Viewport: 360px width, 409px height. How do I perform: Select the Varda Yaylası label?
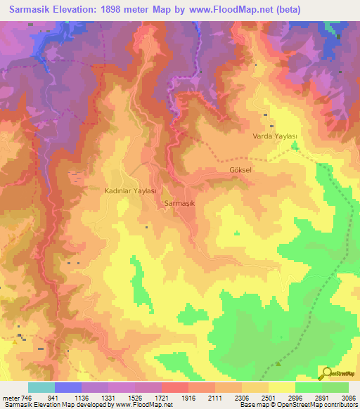pos(276,136)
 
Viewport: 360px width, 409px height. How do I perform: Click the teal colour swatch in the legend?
pos(41,387)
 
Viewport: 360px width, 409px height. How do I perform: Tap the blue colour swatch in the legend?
pos(67,387)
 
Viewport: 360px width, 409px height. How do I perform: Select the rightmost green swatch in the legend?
pos(335,387)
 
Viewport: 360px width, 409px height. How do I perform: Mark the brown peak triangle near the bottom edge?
pos(278,364)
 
